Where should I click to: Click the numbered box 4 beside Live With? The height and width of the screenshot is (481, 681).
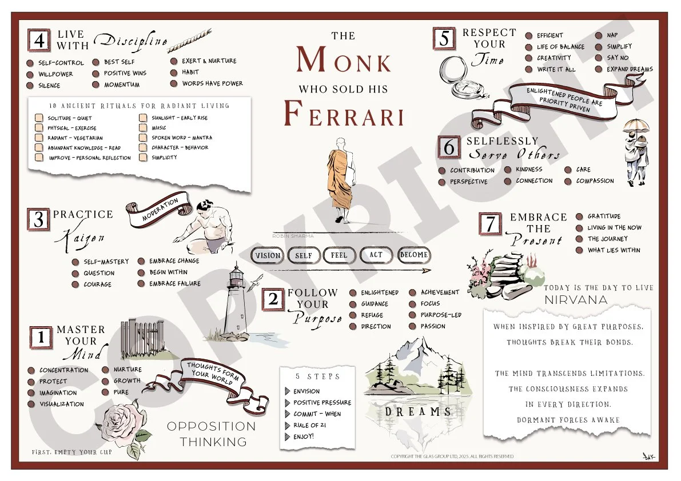tap(39, 41)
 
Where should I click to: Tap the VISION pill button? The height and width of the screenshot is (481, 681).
tap(268, 255)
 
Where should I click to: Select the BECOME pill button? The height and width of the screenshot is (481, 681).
tap(413, 255)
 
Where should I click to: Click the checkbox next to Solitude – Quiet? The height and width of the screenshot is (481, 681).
tap(39, 118)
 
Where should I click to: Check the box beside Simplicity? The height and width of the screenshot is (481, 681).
tap(143, 158)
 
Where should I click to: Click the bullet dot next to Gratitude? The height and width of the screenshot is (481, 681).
tap(578, 217)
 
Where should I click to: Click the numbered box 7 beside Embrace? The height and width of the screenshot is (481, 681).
tap(491, 225)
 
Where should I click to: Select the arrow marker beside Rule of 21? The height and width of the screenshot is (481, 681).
tap(287, 426)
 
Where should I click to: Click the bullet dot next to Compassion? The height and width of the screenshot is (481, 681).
tap(567, 182)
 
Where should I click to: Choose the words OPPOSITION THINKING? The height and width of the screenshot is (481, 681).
tap(211, 434)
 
